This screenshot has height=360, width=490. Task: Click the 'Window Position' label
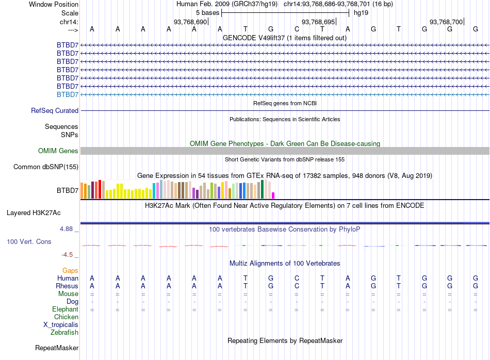pos(54,4)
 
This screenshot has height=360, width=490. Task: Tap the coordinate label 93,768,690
pos(190,22)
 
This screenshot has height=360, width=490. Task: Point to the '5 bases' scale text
pos(207,12)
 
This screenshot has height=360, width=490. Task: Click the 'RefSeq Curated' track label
pos(55,110)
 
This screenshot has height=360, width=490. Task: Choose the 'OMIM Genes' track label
pos(58,151)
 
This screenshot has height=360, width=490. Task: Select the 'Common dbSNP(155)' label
pos(46,167)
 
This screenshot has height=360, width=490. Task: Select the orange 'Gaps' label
pos(70,270)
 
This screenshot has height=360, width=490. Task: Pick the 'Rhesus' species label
pos(67,286)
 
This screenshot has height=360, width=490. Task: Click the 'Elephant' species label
pos(65,309)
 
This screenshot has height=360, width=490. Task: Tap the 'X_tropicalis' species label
pos(61,324)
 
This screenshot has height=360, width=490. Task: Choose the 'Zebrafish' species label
pos(64,332)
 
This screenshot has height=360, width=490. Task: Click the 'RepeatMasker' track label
pos(57,348)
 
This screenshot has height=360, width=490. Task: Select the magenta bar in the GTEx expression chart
pos(273,195)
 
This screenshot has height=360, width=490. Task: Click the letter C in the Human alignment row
pos(297,278)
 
